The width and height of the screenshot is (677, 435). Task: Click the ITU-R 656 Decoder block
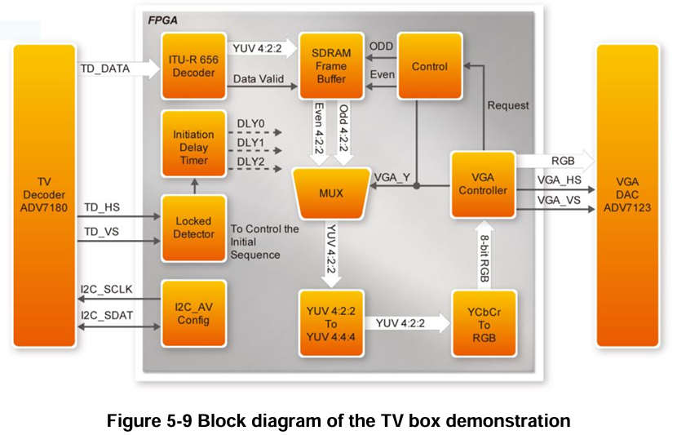pyautogui.click(x=193, y=66)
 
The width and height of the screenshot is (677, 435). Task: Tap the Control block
pyautogui.click(x=429, y=66)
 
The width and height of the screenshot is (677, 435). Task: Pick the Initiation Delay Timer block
pyautogui.click(x=193, y=148)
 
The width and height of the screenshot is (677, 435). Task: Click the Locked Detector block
pyautogui.click(x=193, y=228)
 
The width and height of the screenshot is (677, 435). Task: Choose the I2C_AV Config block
pyautogui.click(x=193, y=313)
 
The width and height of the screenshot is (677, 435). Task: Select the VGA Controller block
pyautogui.click(x=484, y=184)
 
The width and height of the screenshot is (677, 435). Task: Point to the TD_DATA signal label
pyautogui.click(x=104, y=69)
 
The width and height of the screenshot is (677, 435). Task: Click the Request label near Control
pyautogui.click(x=507, y=105)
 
